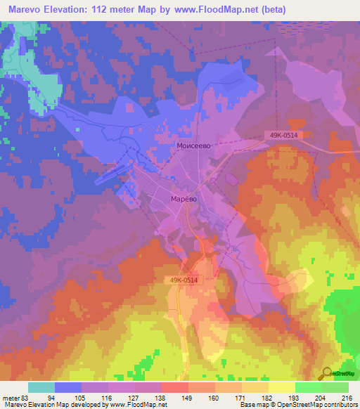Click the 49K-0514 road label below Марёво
(185, 280)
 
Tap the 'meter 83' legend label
(15, 397)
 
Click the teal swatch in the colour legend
(41, 387)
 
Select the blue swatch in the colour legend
(68, 387)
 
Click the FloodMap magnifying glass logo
(327, 373)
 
